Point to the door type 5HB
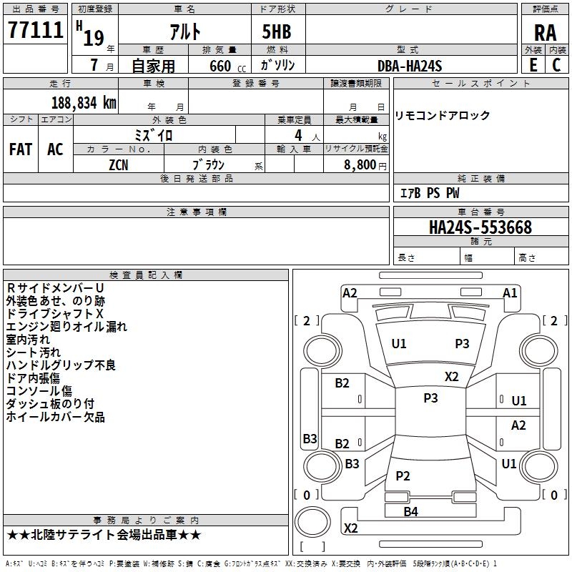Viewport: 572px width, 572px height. pos(272,32)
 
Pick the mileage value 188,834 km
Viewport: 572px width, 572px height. pos(84,102)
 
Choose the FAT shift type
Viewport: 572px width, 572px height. pos(21,149)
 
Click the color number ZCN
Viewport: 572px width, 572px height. pos(119,164)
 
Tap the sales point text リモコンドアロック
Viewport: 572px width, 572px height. pos(443,116)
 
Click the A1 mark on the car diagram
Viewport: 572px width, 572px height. pos(510,293)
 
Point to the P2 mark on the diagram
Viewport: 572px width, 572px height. pos(403,475)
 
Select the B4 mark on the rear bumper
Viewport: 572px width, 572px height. pos(410,511)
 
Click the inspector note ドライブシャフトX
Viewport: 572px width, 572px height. pos(55,314)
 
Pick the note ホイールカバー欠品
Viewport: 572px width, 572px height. pos(55,417)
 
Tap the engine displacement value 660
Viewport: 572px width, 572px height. pos(219,66)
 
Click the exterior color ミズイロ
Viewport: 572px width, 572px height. pos(154,134)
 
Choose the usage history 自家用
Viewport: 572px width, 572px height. pos(153,66)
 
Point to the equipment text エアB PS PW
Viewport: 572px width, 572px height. pos(429,193)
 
